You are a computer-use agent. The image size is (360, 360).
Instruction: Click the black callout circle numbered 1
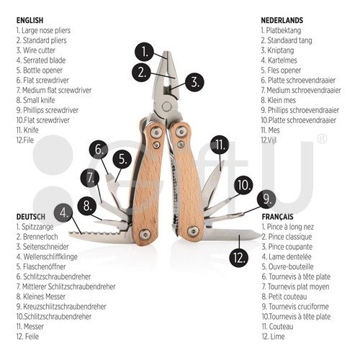pos(144,52)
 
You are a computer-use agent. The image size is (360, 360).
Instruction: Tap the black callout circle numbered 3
pos(194,82)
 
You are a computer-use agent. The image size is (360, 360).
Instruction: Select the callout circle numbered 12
pos(239,258)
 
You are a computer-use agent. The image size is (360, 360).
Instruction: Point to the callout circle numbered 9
pos(266,199)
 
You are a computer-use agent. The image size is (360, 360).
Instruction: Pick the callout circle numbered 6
pos(99,149)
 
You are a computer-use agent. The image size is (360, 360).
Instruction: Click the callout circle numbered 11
pos(220,145)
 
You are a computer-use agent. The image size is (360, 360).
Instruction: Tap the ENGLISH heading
pos(30,20)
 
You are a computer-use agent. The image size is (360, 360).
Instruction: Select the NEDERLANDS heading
pos(282,20)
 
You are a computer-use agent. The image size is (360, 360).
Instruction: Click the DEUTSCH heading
pos(31,217)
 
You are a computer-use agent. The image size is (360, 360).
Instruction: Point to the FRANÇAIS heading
pos(277,217)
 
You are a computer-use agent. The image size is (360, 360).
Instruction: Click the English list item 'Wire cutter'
pos(36,50)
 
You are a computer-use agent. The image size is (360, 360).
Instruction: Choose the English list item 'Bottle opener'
pos(40,71)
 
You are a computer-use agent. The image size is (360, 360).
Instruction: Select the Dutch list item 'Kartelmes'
pos(279,60)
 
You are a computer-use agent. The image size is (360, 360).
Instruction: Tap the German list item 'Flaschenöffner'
pos(41,266)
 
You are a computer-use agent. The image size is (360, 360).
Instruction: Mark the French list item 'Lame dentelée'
pos(287,257)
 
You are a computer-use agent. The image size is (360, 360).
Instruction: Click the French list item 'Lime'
pos(274,336)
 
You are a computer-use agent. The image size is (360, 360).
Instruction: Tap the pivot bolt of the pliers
pos(166,106)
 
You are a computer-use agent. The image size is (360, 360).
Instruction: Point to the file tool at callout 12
pos(230,234)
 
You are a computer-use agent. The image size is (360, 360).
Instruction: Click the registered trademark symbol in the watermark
pos(322,139)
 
